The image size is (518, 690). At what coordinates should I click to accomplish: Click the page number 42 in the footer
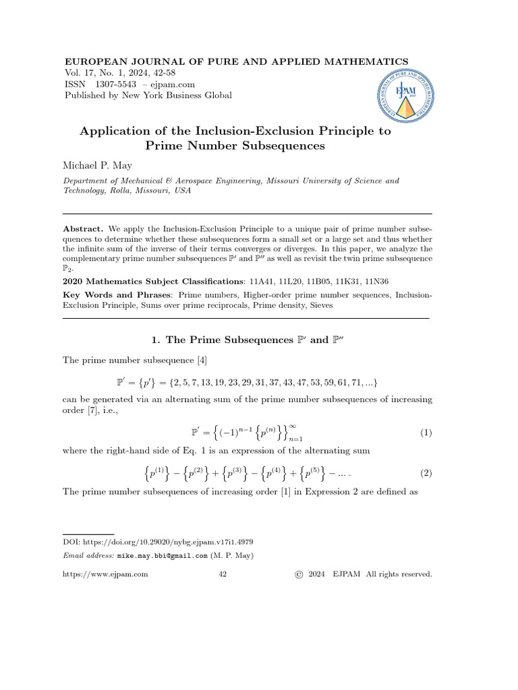(223, 574)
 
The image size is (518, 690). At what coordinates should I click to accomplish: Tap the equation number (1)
(425, 433)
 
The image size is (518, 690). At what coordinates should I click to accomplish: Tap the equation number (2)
(425, 473)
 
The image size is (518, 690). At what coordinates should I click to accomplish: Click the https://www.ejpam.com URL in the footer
(105, 574)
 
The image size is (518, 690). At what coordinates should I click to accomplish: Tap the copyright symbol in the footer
(299, 574)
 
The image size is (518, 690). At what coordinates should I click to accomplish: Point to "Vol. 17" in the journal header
(78, 73)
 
